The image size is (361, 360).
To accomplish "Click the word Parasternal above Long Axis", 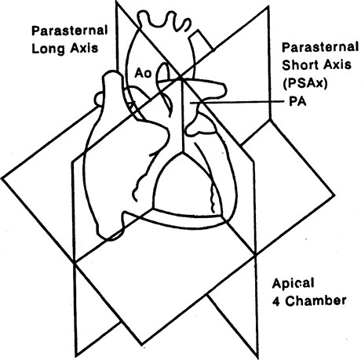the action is click(69, 31).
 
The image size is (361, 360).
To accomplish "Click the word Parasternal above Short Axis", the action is click(320, 47).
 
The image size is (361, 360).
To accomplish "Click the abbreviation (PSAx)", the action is click(304, 83).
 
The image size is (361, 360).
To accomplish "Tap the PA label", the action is click(297, 102).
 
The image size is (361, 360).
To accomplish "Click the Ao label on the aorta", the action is click(143, 73).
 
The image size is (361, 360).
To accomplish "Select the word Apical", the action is click(293, 284).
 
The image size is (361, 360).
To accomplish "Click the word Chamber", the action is click(315, 301).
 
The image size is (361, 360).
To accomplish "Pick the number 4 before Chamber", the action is click(276, 301).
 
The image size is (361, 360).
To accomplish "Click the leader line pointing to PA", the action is click(237, 102).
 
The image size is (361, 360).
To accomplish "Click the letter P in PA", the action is click(294, 102).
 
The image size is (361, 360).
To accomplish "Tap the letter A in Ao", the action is click(139, 73).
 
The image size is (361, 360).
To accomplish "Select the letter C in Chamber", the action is click(290, 301).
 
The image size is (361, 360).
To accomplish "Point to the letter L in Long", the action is click(35, 48).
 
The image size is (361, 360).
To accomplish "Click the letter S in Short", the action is click(286, 65).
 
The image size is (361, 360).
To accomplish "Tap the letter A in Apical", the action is click(277, 283).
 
